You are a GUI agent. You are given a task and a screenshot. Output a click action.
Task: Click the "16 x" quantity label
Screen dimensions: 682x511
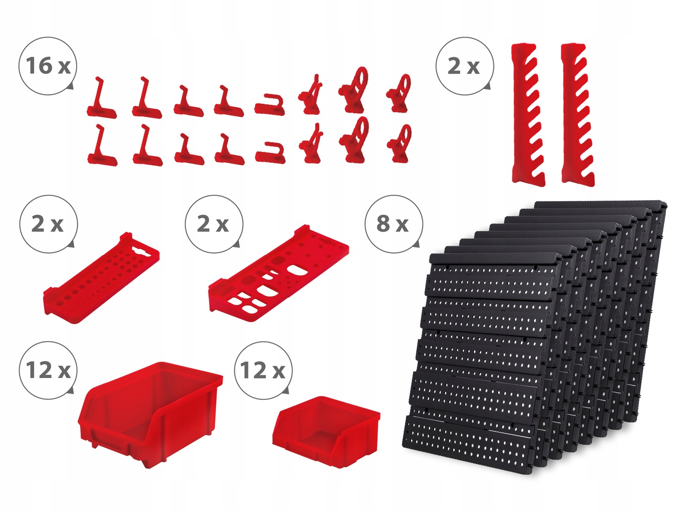coord(48,66)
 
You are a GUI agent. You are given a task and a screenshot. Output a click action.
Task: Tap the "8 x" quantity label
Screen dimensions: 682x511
coord(393,224)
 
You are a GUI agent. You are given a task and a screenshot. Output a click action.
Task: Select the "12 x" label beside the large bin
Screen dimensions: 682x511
coord(48,370)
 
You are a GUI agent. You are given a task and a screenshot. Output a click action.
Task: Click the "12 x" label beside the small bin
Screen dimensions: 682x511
coord(262,370)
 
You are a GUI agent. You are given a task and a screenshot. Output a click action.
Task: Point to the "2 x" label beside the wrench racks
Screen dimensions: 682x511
coord(464,66)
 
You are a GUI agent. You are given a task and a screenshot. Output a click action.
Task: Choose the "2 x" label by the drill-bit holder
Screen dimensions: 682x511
coord(47,224)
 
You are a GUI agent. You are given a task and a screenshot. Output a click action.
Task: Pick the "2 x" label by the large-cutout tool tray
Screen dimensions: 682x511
coord(213,224)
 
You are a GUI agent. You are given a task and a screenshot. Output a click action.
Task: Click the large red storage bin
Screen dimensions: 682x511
coord(151,414)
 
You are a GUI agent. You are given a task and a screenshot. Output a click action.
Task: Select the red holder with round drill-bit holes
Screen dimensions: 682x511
coord(102,278)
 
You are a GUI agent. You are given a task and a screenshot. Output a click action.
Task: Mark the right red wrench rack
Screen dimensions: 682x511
coord(578,115)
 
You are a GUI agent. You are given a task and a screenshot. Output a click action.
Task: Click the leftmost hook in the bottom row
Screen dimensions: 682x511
coord(102,145)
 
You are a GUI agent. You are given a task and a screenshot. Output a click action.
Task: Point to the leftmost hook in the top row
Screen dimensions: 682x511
coord(101,98)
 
